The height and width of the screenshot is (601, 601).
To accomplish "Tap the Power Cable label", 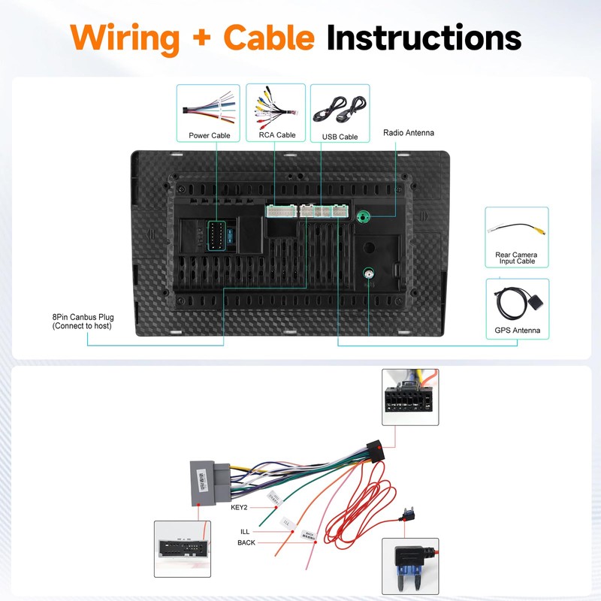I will click(210, 136).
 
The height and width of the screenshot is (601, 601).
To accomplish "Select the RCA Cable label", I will click(276, 135).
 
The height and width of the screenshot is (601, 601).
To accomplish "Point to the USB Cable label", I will click(340, 137).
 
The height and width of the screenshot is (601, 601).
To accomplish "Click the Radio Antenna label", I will click(409, 133).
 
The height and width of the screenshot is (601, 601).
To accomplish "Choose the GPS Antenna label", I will click(517, 331).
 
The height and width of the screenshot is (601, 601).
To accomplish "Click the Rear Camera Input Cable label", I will click(516, 258).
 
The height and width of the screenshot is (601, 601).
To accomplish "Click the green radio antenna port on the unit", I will click(364, 218).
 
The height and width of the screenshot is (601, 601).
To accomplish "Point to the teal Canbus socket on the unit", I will click(216, 236).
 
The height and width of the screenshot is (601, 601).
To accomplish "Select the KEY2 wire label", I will click(239, 506).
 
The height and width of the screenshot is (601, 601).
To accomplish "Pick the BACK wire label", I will click(246, 542).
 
